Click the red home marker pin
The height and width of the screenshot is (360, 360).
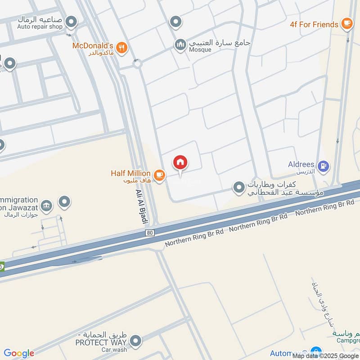(x=180, y=162)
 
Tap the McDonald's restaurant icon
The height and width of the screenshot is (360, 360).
(x=121, y=47)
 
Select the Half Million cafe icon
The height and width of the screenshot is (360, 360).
(x=159, y=175)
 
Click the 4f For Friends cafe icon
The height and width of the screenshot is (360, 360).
(x=346, y=23)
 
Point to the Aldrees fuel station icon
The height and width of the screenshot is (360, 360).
(x=323, y=166)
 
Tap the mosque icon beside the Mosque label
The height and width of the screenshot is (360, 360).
(x=180, y=45)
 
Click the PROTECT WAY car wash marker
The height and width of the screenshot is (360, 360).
(x=135, y=341)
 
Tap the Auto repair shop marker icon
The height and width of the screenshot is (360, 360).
(x=71, y=21)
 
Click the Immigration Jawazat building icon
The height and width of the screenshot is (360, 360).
(x=45, y=206)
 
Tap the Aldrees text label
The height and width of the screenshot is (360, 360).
(x=301, y=165)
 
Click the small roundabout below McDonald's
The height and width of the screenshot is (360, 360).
(x=137, y=64)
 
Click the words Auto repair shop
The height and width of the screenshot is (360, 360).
(x=40, y=27)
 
